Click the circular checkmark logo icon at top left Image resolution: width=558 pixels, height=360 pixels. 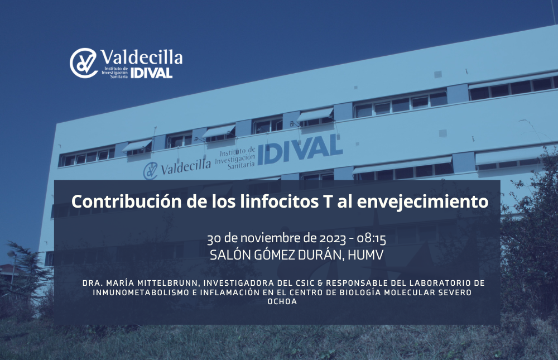[x=84, y=63]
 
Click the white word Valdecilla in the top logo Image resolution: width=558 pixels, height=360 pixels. [x=142, y=57]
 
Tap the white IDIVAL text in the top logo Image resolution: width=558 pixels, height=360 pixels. [x=152, y=73]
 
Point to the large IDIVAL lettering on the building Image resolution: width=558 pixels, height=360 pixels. [x=300, y=150]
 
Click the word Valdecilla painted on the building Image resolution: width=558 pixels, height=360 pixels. [x=186, y=167]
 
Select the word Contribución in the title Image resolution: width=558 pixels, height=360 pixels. [x=126, y=201]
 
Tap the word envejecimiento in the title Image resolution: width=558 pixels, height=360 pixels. [x=422, y=202]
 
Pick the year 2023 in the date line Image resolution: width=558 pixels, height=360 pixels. [x=332, y=238]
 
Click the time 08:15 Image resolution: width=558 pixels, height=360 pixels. [x=372, y=238]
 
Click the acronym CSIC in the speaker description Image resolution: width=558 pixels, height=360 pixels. [x=305, y=283]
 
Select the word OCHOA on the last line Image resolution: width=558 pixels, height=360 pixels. [x=282, y=301]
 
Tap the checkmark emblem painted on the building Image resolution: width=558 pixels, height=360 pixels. [x=150, y=171]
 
